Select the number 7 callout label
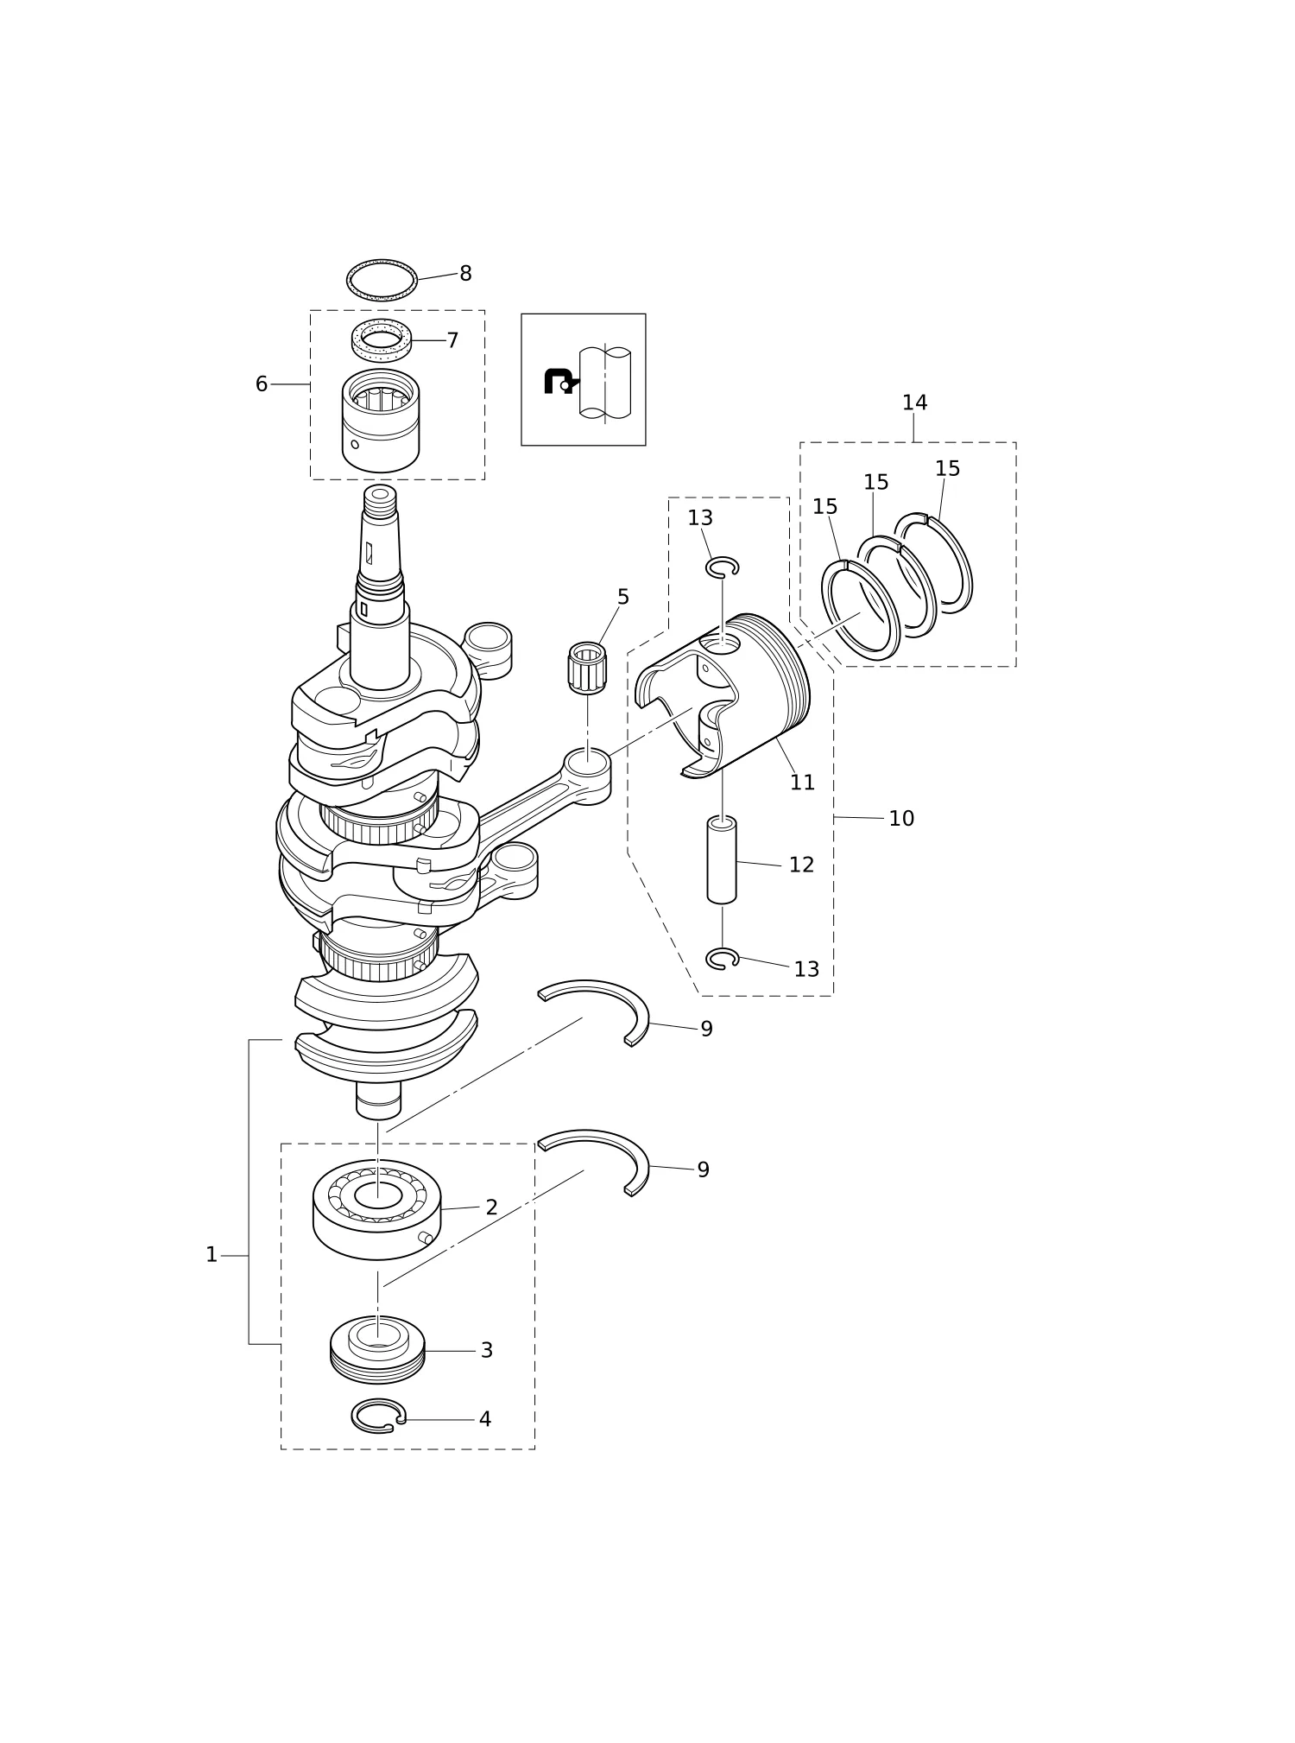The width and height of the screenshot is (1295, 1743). click(x=452, y=340)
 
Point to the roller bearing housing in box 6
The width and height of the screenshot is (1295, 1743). click(x=381, y=421)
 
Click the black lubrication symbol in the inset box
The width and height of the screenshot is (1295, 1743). click(x=559, y=380)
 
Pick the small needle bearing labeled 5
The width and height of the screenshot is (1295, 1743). click(x=587, y=668)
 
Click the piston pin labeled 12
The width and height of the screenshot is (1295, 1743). click(x=722, y=859)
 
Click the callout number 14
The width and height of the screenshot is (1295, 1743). click(x=914, y=402)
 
